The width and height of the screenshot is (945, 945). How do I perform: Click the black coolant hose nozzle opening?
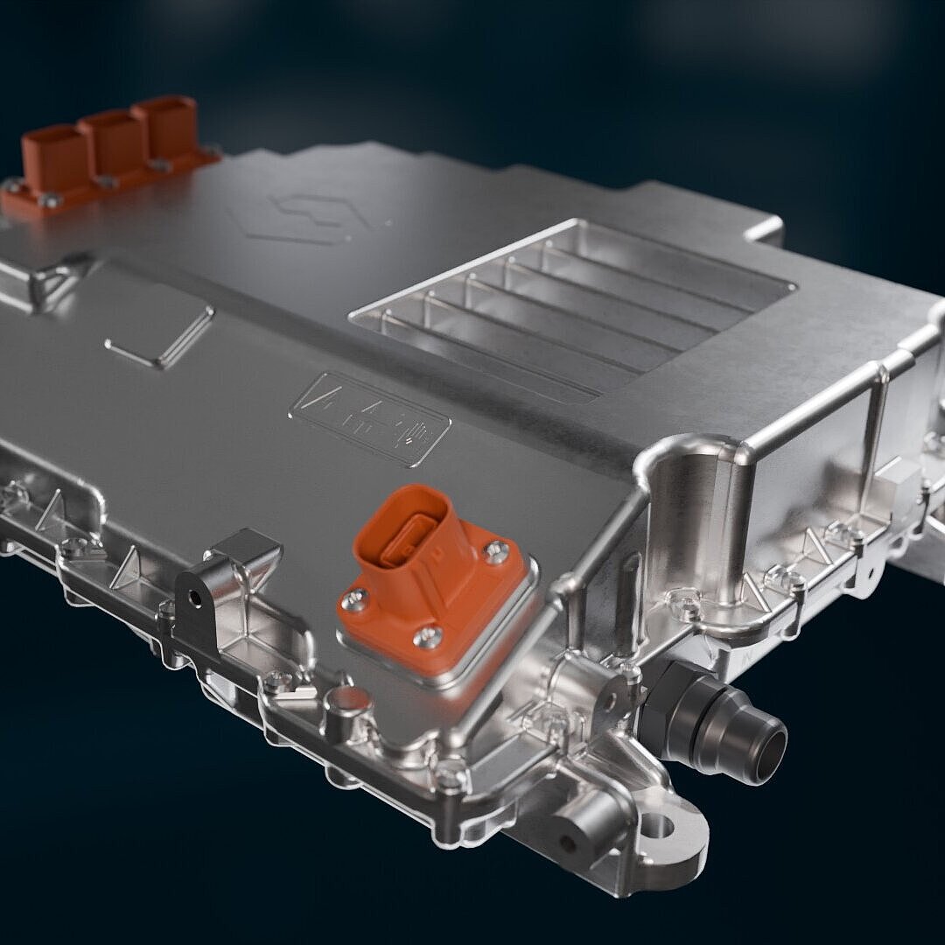770,746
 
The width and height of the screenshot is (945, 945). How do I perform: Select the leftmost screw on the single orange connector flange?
357,600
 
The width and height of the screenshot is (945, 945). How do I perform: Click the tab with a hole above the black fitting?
626,692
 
